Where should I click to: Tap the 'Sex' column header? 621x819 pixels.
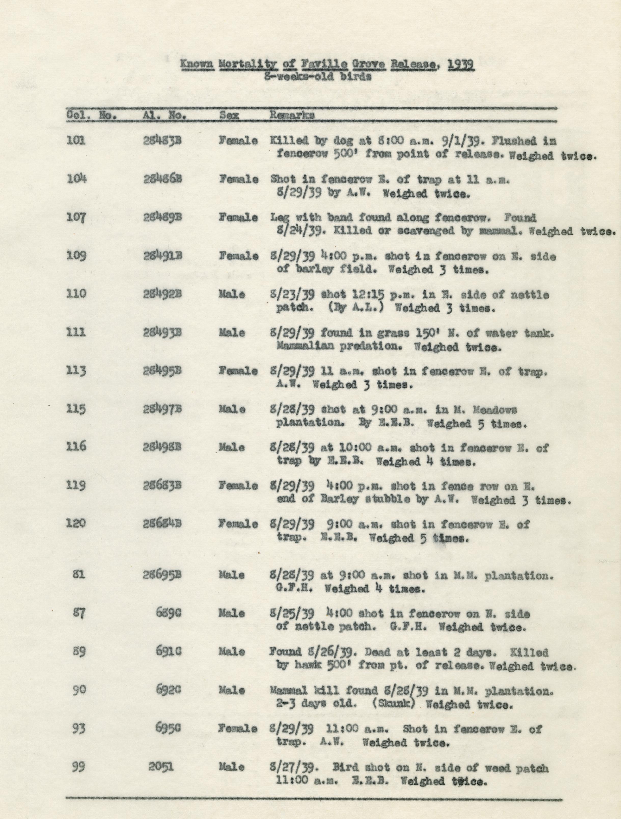[229, 115]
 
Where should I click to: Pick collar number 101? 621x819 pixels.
[76, 141]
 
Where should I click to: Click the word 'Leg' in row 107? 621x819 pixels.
[278, 218]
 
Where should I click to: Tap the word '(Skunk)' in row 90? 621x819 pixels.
[393, 704]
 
